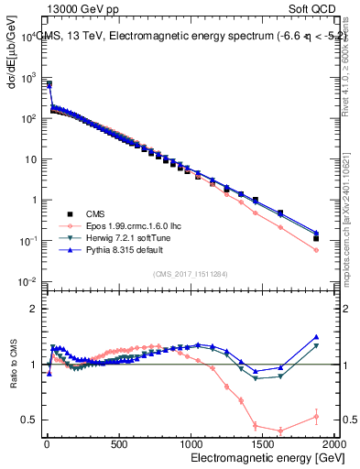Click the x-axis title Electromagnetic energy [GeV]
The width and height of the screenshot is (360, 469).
(x=262, y=456)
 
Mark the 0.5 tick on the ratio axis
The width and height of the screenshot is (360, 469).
(x=31, y=420)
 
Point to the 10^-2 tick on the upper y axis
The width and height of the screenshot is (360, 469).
(x=27, y=280)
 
